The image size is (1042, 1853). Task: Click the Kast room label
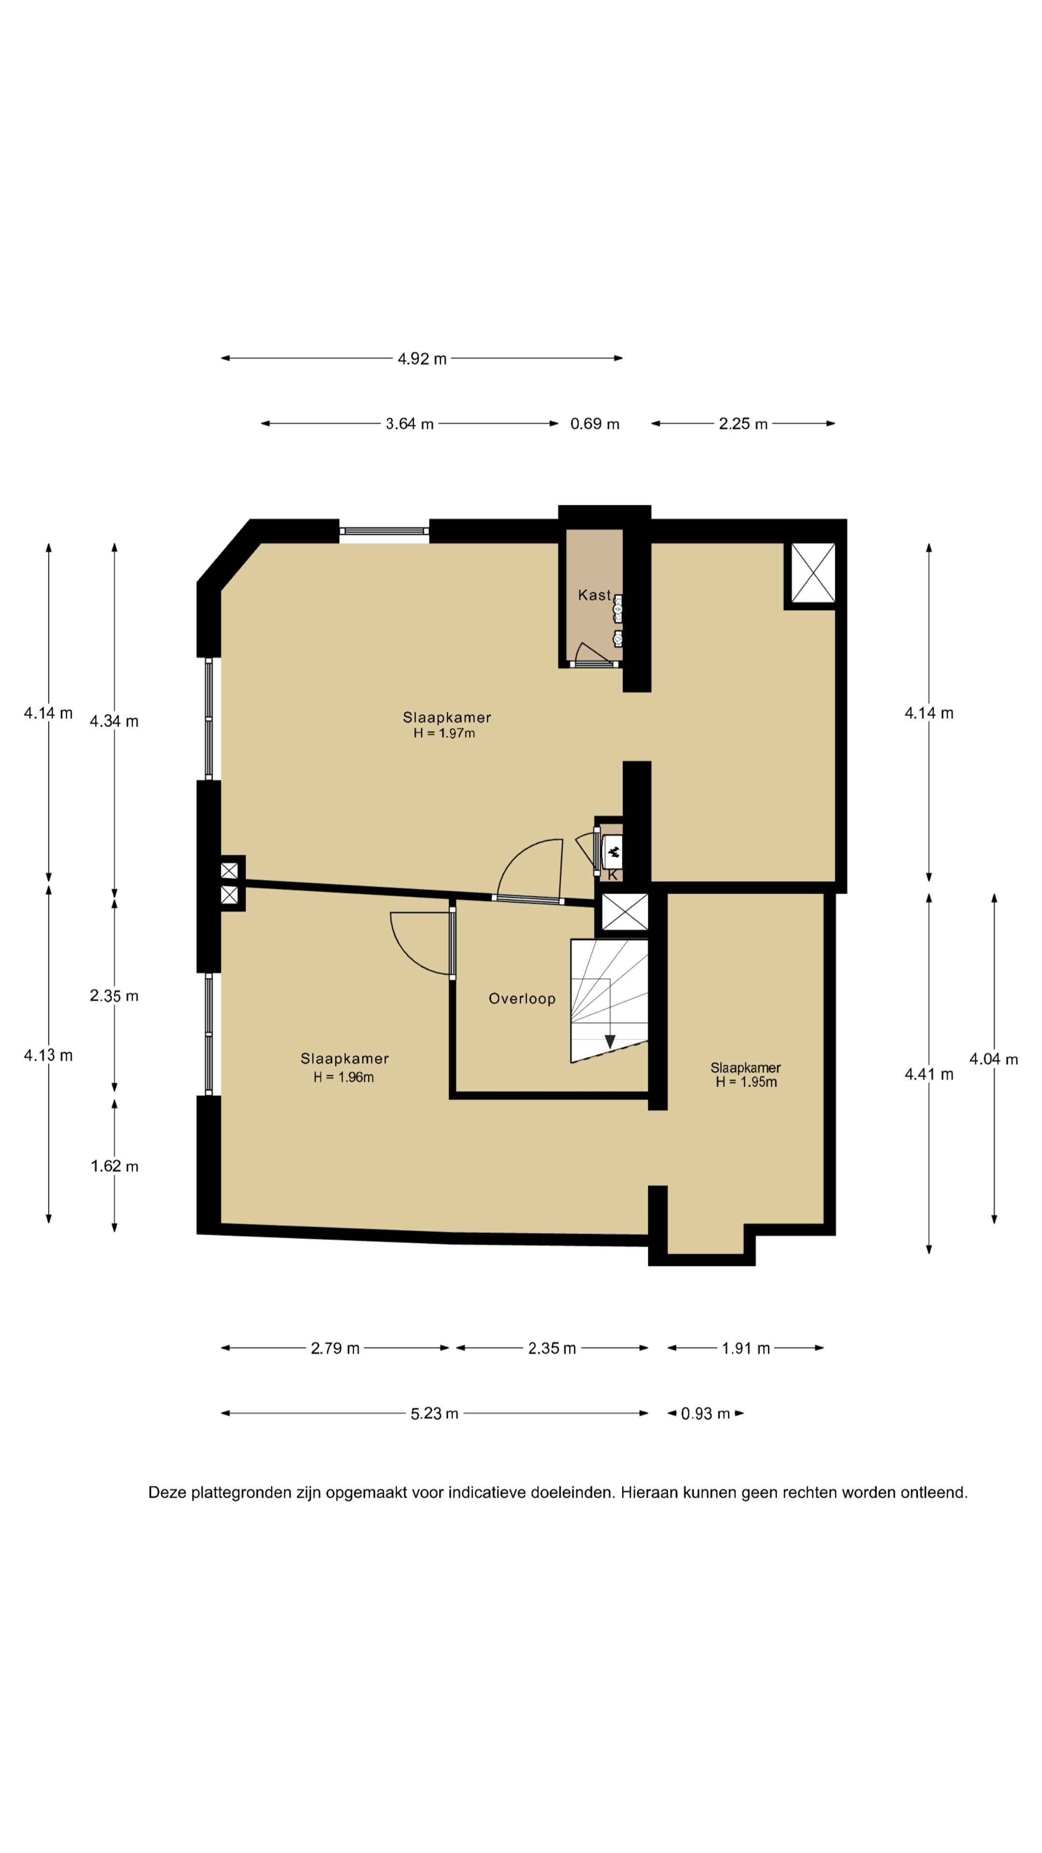point(594,595)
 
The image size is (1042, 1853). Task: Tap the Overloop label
point(522,998)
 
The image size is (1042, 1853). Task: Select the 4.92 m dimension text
point(422,358)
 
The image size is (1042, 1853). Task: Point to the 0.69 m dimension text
point(595,424)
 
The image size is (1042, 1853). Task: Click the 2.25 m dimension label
point(743,424)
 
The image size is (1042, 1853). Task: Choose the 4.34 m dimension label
point(114,721)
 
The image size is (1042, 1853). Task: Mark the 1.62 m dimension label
point(114,1166)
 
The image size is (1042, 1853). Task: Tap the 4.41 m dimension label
point(928,1074)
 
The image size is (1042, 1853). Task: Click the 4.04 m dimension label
point(994,1059)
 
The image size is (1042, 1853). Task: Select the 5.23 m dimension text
point(434,1413)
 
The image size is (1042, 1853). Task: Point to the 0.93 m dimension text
point(705,1413)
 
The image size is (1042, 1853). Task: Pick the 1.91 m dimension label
point(746,1348)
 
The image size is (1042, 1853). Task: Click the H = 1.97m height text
point(444,733)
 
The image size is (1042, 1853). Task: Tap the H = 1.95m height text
point(746,1082)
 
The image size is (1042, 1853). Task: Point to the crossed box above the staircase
point(624,912)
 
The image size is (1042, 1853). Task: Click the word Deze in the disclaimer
point(167,1493)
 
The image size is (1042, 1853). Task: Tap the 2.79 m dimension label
point(335,1348)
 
